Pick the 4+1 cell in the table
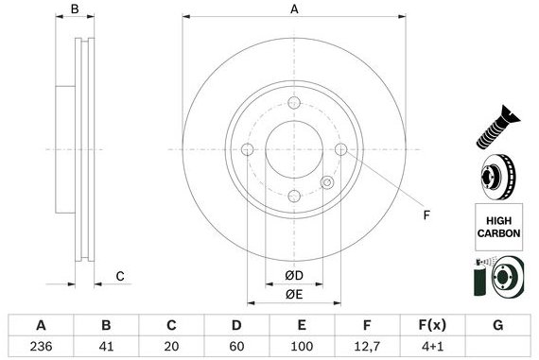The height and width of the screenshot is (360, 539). tap(432, 346)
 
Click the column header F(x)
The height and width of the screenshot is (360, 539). tap(432, 325)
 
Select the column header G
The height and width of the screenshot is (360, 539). tap(498, 325)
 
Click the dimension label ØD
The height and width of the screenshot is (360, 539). tap(294, 276)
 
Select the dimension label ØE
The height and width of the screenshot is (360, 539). tap(294, 293)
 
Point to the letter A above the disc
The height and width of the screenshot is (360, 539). tap(294, 9)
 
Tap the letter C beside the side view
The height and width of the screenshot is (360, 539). tap(120, 276)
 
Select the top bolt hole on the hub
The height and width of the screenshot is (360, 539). tap(294, 103)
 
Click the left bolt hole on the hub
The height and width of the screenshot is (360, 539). tap(248, 149)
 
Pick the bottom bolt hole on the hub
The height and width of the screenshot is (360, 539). tap(294, 196)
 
